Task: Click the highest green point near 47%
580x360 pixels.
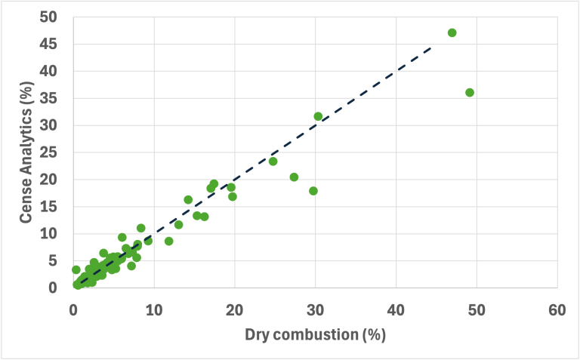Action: pos(452,32)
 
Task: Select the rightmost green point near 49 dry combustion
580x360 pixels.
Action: pos(470,92)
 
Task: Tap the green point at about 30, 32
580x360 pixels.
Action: pos(318,116)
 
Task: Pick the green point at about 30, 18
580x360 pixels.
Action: pos(313,191)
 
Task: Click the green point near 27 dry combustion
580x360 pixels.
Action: pos(294,177)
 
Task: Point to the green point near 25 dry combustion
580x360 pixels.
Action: pos(273,161)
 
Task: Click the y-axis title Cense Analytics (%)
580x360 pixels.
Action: pos(26,152)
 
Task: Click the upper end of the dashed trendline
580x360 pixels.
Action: pos(431,47)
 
